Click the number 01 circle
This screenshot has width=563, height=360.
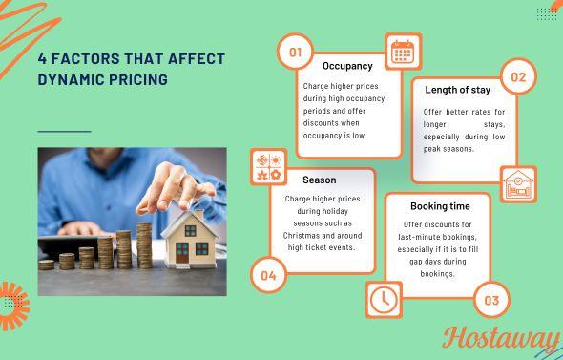click(x=295, y=52)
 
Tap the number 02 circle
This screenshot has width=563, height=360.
click(x=518, y=77)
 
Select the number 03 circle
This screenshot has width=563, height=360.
click(x=491, y=300)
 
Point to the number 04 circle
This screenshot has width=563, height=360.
click(x=268, y=276)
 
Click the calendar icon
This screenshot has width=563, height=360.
click(x=403, y=52)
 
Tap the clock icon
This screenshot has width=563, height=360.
click(x=383, y=299)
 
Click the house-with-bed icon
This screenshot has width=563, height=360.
click(x=518, y=184)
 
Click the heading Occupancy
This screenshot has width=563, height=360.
click(x=347, y=66)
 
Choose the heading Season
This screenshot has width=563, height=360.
click(x=319, y=180)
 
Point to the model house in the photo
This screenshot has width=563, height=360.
click(x=189, y=238)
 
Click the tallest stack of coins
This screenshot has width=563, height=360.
click(x=144, y=244)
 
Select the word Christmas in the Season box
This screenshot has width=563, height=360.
click(x=302, y=234)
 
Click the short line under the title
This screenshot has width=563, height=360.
click(x=64, y=131)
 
